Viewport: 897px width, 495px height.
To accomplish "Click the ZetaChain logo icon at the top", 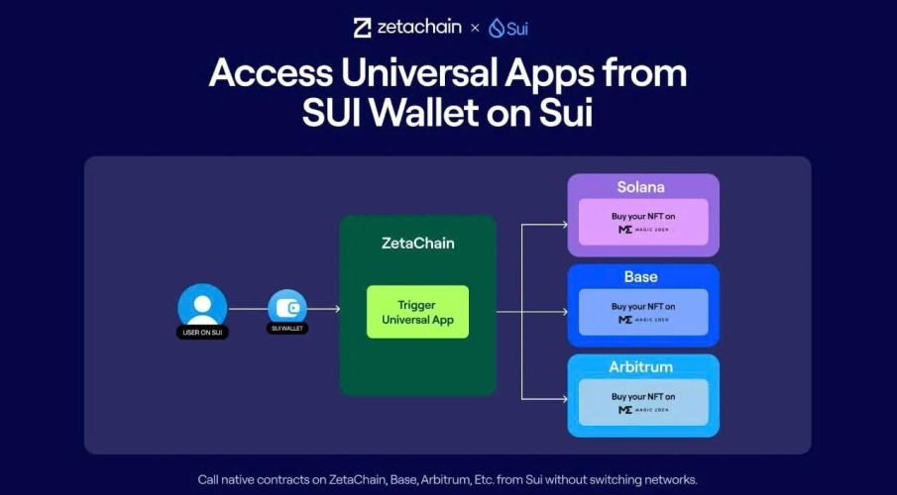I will point(363,28).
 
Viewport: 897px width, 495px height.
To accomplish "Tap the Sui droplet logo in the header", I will point(496,29).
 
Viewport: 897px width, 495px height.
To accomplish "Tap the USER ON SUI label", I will point(202,333).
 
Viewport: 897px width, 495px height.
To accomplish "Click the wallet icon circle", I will point(287,308).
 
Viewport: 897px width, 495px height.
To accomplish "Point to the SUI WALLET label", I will point(287,328).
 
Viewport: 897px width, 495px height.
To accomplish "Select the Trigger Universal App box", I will point(416,312).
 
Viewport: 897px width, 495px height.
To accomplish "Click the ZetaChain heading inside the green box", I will point(416,243).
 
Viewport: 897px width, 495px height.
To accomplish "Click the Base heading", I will point(641,277).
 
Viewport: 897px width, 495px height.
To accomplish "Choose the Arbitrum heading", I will point(641,367).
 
